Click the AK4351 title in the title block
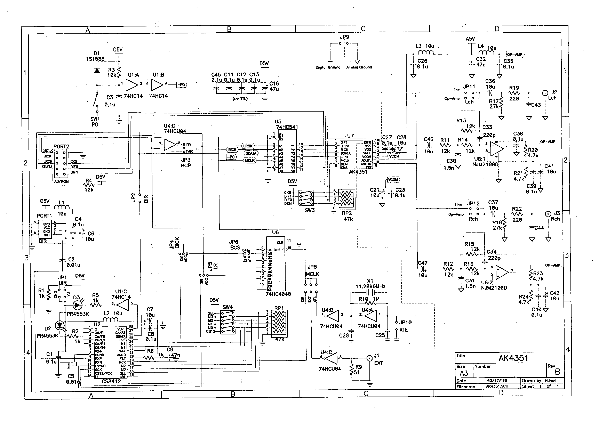[x=513, y=358]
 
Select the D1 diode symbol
[x=97, y=70]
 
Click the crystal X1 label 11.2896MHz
[x=370, y=286]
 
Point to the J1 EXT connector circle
[x=369, y=358]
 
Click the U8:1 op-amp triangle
[x=496, y=148]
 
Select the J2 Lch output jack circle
[x=545, y=93]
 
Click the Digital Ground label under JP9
[x=328, y=67]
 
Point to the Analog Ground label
[x=359, y=67]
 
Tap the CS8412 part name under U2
[x=111, y=381]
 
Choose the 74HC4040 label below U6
[x=278, y=294]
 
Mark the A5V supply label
[x=470, y=39]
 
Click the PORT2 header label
[x=61, y=147]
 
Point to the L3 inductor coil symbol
[x=426, y=53]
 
